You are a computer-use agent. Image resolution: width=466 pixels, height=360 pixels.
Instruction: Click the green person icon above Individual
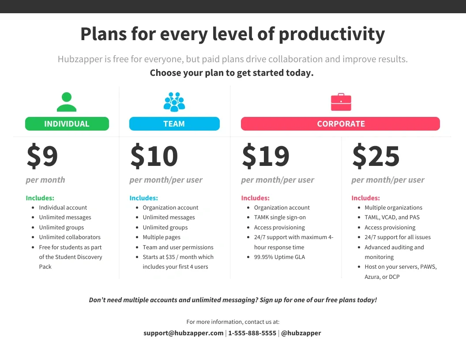67,102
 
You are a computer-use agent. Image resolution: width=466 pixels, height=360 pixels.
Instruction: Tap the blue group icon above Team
174,102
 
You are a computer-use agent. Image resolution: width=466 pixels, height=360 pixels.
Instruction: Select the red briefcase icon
341,102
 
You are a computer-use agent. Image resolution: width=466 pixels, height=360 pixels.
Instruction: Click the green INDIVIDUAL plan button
67,124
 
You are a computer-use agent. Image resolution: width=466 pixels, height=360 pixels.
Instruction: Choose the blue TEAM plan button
174,124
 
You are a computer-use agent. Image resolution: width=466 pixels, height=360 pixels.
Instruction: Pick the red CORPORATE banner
340,124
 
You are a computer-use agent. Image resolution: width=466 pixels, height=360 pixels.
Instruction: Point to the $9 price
42,156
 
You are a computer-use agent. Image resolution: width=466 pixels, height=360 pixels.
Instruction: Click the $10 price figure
154,156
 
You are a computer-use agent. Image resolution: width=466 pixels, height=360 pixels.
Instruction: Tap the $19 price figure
265,156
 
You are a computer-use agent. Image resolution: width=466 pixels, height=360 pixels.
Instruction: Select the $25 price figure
376,156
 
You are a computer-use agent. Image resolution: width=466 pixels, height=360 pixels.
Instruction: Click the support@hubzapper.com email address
184,333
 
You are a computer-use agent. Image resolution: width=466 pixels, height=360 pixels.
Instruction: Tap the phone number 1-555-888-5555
252,333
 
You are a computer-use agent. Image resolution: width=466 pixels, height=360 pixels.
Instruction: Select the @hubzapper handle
301,333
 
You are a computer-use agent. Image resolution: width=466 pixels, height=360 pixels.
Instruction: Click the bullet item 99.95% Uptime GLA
279,257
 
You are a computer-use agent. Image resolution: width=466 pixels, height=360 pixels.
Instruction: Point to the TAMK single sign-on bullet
280,217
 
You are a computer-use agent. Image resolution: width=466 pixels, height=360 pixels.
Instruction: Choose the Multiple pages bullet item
162,237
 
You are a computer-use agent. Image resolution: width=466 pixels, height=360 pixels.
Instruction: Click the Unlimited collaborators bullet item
70,237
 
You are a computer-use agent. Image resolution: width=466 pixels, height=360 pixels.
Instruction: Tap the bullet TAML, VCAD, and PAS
392,217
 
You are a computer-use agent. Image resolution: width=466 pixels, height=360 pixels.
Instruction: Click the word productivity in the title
332,34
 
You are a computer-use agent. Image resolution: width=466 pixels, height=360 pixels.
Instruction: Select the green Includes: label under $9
40,198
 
